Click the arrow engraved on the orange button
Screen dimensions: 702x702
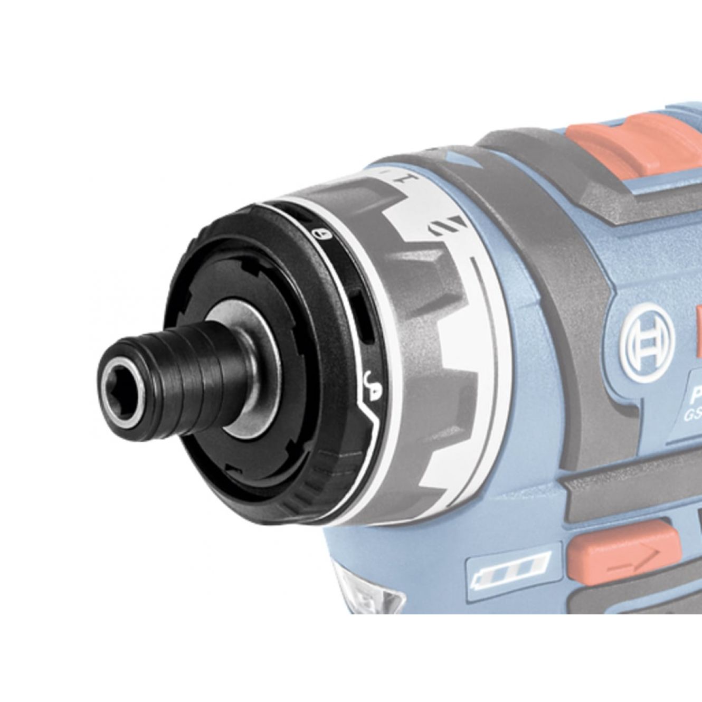(631, 561)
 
